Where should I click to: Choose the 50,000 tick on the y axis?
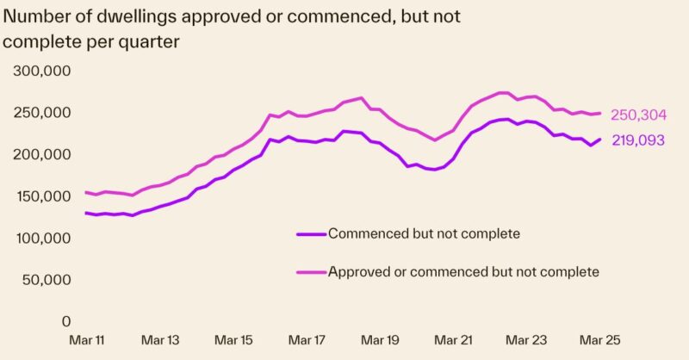[x=47, y=280]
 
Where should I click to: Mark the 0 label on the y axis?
[x=65, y=321]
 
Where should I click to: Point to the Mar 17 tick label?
[x=307, y=340]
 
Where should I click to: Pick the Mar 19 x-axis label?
[x=380, y=340]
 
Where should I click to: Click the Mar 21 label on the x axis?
[x=452, y=340]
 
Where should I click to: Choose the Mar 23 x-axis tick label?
[x=525, y=340]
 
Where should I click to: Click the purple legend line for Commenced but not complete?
[x=310, y=233]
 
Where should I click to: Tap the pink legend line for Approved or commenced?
[x=310, y=271]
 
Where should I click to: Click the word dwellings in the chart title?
[x=149, y=15]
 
